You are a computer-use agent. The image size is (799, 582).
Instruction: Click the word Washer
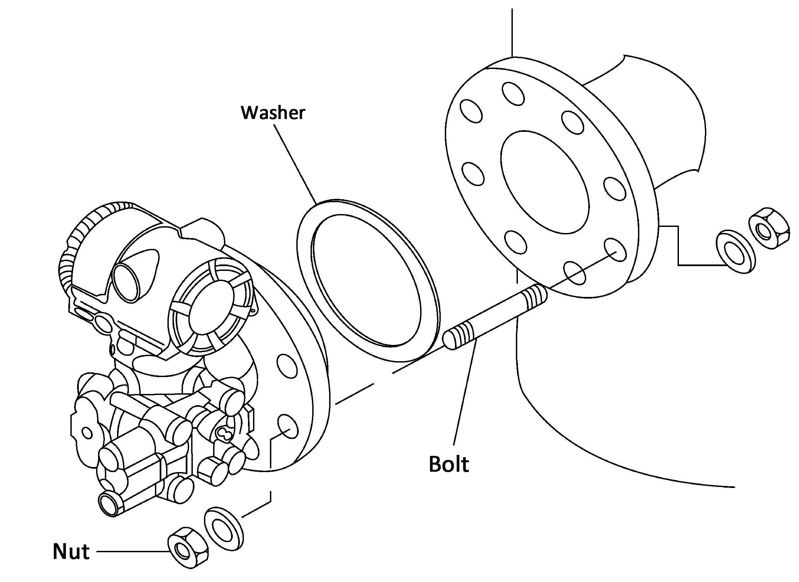273,113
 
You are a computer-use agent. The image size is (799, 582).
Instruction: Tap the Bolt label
448,464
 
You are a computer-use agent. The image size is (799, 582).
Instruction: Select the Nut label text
71,551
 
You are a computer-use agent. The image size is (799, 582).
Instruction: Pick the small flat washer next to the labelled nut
224,529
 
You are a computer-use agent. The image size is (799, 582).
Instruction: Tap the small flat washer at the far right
736,251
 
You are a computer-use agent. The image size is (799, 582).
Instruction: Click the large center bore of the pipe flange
545,182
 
